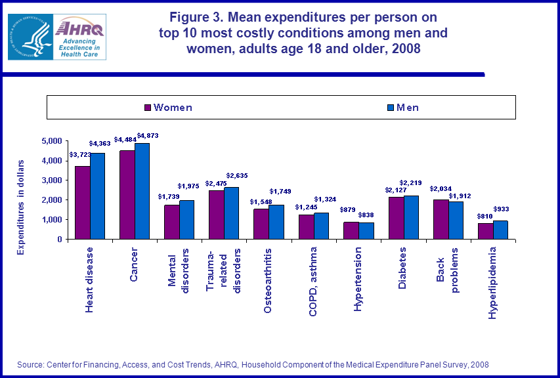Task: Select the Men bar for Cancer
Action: (x=142, y=191)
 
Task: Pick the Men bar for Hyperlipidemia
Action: (x=500, y=230)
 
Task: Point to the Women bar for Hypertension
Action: (x=351, y=230)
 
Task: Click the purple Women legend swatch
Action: (x=148, y=107)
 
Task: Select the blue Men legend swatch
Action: (x=390, y=107)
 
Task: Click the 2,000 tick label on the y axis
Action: (x=51, y=200)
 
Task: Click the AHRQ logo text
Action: (x=79, y=28)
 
